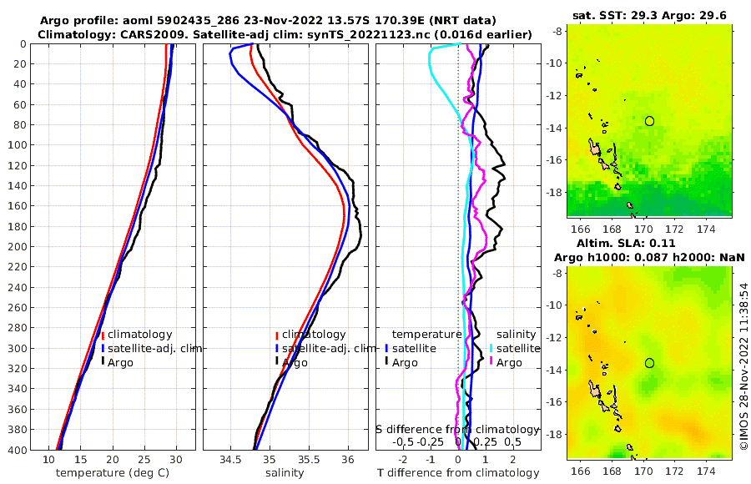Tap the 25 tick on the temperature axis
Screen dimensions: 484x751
(144, 459)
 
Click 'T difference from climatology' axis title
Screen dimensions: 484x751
(457, 473)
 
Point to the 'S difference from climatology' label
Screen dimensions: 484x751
(457, 428)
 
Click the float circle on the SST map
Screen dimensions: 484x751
(649, 121)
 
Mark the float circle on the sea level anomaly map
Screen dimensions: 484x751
(649, 363)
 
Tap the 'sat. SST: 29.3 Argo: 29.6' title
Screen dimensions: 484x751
(649, 16)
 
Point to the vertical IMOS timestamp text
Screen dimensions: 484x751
(743, 366)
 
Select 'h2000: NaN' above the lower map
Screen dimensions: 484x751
(708, 257)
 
